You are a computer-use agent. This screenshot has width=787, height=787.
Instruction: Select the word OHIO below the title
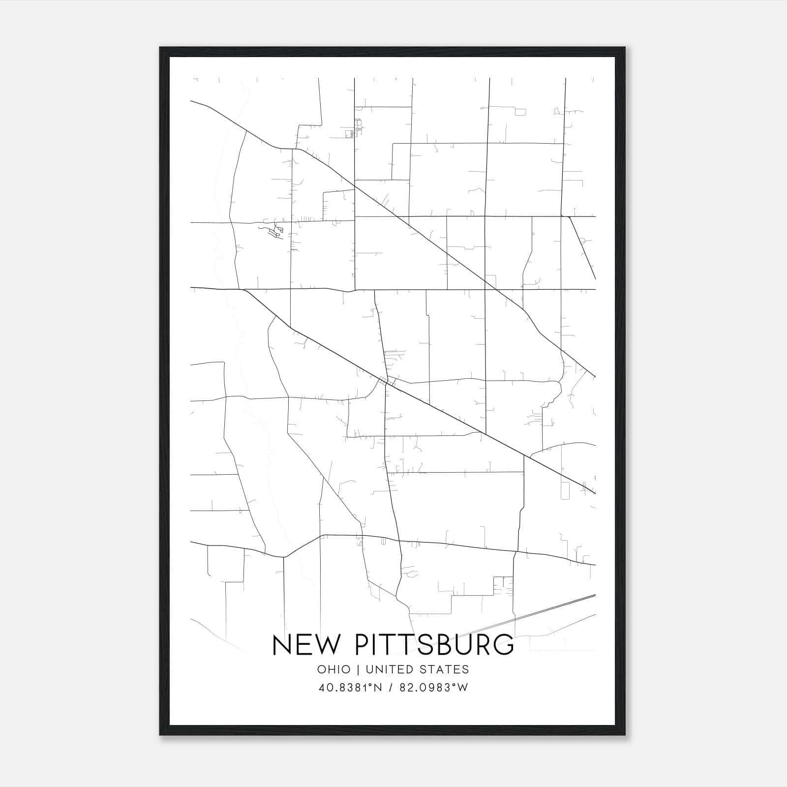[334, 669]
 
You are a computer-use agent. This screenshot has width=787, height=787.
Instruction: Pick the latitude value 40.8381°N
[350, 688]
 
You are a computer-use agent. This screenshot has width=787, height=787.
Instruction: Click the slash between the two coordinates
[391, 688]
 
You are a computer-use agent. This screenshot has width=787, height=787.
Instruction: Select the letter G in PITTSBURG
[504, 645]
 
